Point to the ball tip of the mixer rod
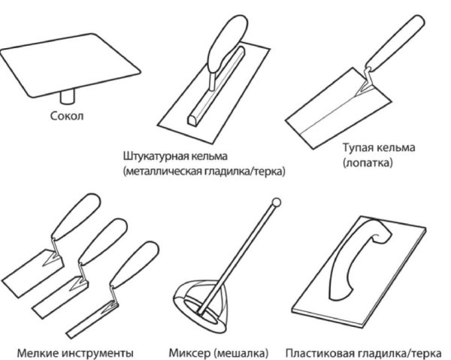tap(275, 202)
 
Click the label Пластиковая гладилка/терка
tap(365, 351)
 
